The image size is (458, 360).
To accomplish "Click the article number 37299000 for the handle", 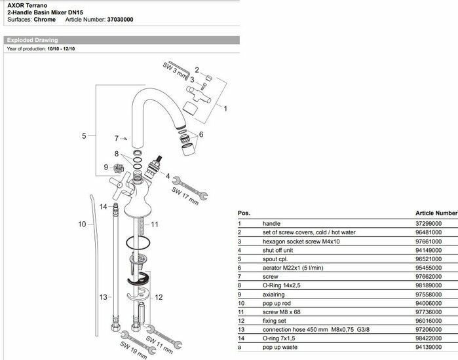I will point(429,223).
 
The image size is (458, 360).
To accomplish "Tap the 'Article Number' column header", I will point(436,213).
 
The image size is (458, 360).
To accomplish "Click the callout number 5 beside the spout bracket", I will point(84,136).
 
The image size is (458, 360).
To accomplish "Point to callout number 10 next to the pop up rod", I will point(83,224).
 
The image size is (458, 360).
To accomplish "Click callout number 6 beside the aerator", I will point(201,134).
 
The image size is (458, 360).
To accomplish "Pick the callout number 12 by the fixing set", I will point(159,298).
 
